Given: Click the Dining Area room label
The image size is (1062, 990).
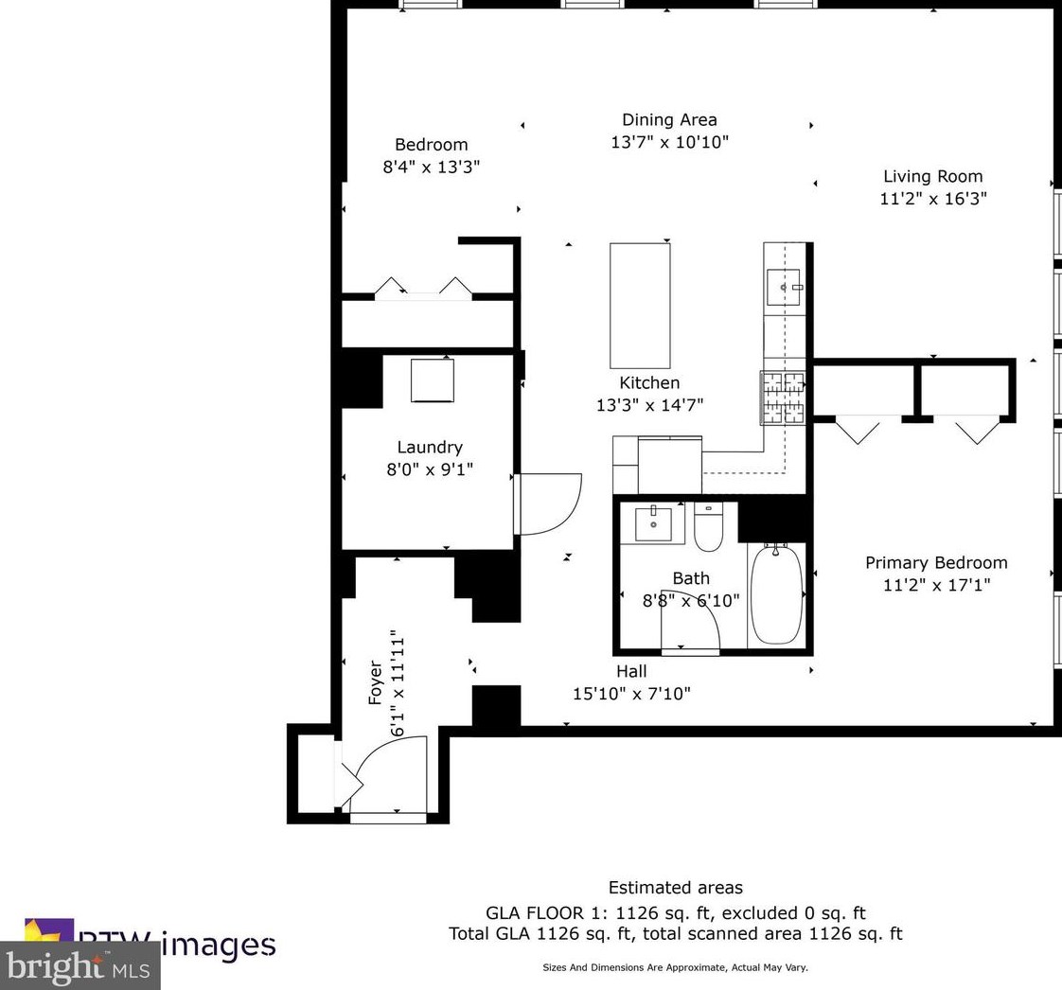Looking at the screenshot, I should point(669,120).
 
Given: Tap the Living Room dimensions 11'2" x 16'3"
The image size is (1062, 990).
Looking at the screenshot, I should point(933,199).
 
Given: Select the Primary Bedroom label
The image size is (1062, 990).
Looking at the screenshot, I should point(936,562).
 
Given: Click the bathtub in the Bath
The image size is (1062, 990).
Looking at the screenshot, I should point(776,595).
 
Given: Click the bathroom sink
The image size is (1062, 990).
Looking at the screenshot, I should point(653,523).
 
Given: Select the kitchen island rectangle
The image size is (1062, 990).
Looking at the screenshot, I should point(640,305).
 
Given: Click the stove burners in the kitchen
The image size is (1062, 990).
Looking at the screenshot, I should point(783,398).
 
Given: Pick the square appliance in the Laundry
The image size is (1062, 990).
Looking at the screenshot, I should point(433,381).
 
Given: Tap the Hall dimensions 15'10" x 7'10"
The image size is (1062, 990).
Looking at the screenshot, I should point(631,694).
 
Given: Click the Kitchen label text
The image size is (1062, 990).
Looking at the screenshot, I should point(649,383).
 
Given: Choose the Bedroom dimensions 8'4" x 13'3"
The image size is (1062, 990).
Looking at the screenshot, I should point(431,168).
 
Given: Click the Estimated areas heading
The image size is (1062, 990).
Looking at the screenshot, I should point(675,888).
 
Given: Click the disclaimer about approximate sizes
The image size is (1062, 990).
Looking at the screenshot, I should point(675,967).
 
